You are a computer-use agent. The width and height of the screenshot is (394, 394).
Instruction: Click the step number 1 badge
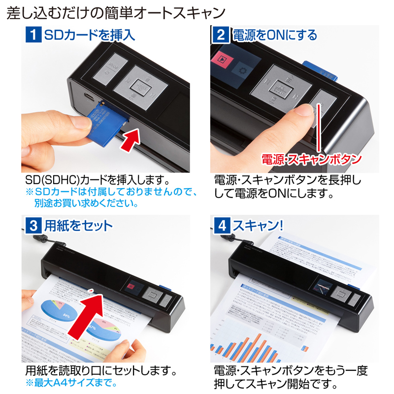(33, 35)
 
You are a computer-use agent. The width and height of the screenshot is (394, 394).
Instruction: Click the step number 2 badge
(221, 35)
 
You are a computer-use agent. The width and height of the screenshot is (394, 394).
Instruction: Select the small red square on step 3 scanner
(131, 288)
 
